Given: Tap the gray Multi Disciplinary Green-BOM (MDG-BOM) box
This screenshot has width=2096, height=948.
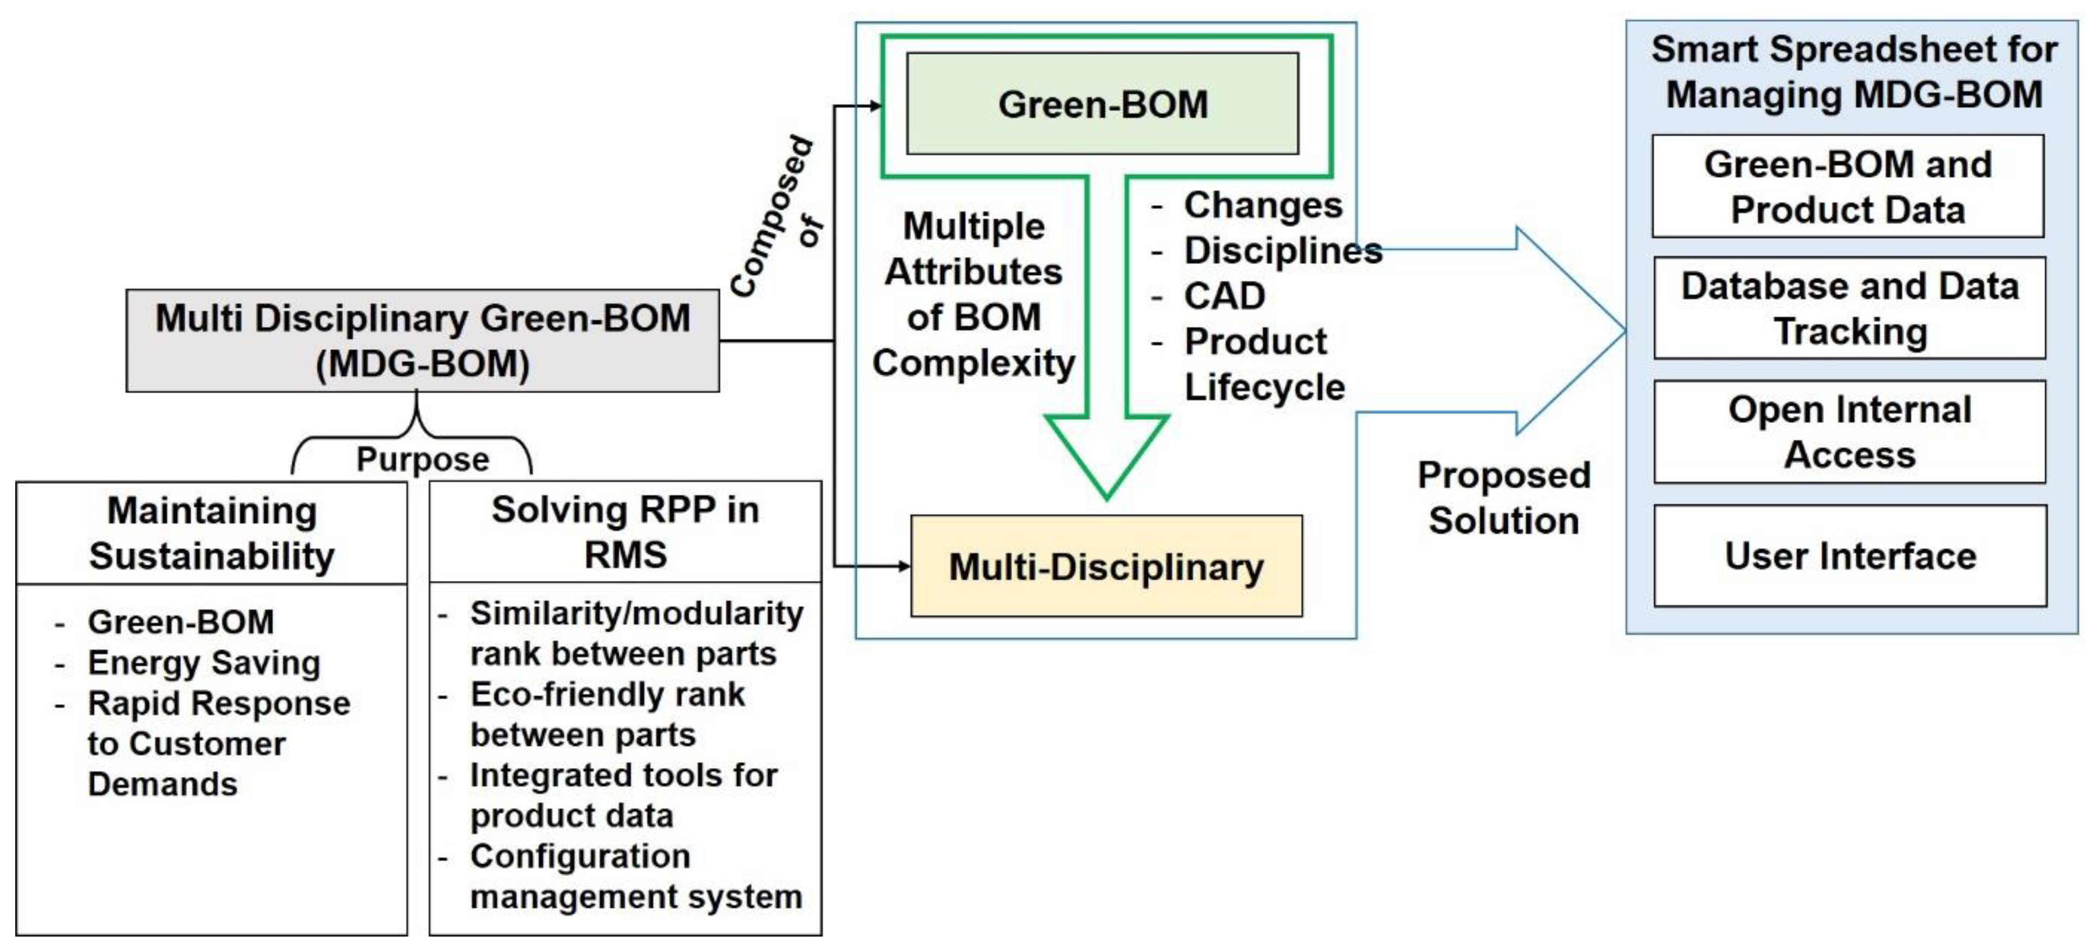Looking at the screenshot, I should (422, 340).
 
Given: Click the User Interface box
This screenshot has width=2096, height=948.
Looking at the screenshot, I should (1850, 556).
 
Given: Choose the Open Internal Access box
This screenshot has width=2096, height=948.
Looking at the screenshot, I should (1850, 432).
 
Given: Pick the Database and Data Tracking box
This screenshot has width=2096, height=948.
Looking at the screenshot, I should (1850, 308).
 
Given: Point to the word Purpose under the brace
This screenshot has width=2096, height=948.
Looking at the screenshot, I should (422, 460).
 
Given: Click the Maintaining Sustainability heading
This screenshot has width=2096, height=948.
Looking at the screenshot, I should (212, 533).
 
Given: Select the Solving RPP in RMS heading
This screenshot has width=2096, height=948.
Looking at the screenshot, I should (625, 532).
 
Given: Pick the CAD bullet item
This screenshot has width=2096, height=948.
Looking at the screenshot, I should (1224, 296).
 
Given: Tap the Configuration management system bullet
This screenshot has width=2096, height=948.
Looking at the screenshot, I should (635, 877).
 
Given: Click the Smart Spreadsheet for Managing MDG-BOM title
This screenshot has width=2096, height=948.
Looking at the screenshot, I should (1853, 71).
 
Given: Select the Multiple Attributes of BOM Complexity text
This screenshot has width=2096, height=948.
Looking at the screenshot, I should (973, 295).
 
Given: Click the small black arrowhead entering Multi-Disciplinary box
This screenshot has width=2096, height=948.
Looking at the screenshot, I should (904, 566).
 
